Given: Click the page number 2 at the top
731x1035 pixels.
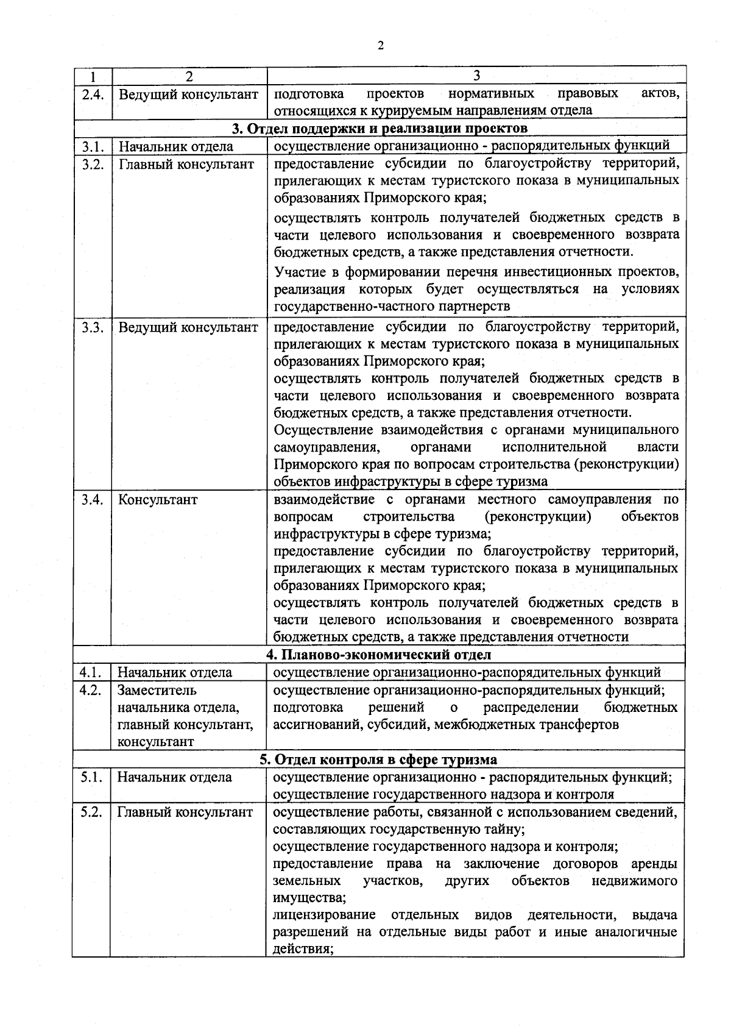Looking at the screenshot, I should [x=381, y=46].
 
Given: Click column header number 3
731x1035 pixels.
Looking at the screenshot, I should [x=476, y=75].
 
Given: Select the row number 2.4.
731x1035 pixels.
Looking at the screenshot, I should [x=93, y=94].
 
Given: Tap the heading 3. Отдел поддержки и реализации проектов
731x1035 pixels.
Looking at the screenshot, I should [x=380, y=128].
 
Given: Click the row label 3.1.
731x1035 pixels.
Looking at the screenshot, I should [x=93, y=146].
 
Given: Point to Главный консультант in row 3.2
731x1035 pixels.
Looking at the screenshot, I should [x=186, y=163].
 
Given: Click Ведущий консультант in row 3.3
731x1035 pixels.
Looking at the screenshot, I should [x=188, y=327].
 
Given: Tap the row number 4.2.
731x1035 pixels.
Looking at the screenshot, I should [x=91, y=690].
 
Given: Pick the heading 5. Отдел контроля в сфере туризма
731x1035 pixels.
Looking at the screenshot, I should [x=378, y=759].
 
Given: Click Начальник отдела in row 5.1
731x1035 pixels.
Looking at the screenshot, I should [x=174, y=777].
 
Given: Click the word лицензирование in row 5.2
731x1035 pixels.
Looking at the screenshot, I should [x=323, y=916].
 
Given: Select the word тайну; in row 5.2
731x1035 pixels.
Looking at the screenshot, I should [x=505, y=830].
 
